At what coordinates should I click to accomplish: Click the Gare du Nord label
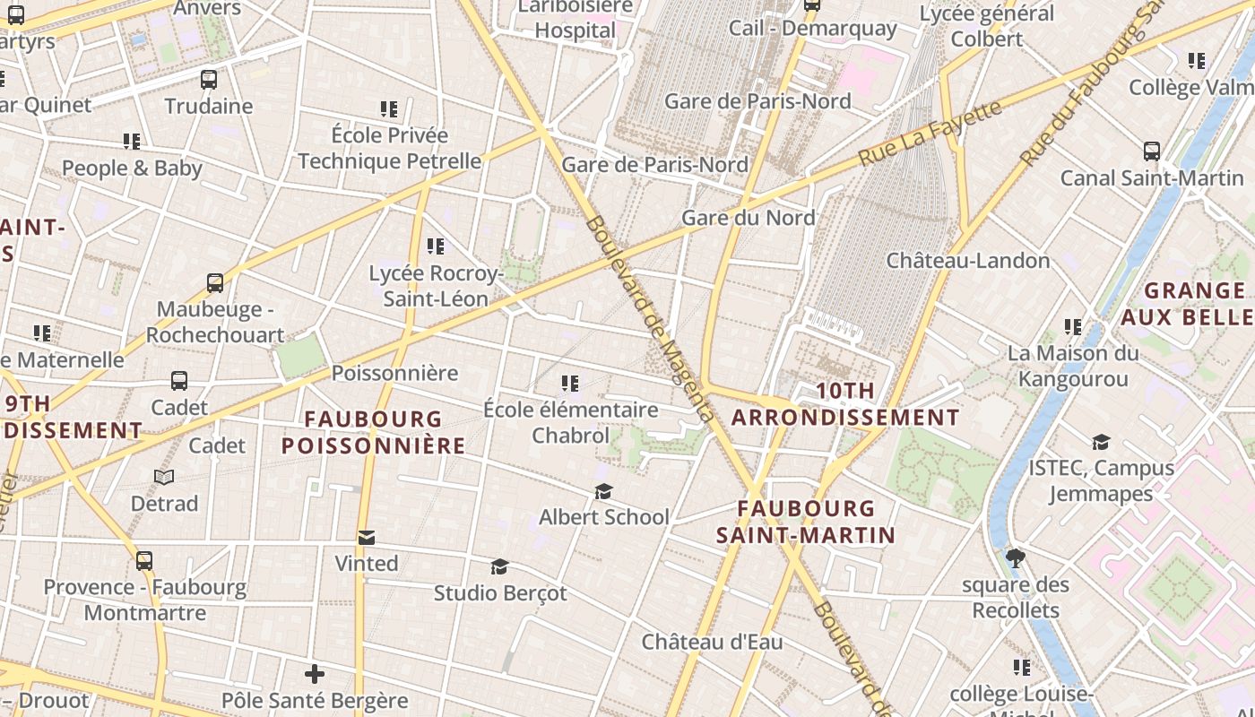coord(749,218)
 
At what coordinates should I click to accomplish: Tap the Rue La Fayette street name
coord(930,133)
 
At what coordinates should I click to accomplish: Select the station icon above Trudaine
coord(209,80)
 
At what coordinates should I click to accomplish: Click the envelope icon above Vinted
coord(366,538)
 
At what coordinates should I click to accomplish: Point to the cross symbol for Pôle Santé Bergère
coord(314,674)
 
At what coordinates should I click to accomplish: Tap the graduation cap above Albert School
coord(603,492)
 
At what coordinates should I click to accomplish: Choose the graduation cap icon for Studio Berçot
coord(499,567)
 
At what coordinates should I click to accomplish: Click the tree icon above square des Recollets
coord(1016,559)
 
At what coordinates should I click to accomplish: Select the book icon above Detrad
coord(164,478)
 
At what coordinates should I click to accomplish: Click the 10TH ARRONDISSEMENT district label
coord(845,404)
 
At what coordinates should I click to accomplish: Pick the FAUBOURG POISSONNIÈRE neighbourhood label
coord(373,432)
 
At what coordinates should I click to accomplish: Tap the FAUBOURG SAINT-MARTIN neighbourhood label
coord(805,522)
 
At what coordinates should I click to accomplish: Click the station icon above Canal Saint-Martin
coord(1152,151)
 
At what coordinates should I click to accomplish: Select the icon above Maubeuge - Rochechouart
coord(215,283)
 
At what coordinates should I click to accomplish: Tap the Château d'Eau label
coord(712,642)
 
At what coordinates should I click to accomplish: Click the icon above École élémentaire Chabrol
coord(569,384)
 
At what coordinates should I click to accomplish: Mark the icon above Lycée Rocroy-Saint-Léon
coord(436,246)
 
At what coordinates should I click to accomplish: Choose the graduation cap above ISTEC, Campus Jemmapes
coord(1100,443)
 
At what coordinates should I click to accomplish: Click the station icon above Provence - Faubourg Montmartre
coord(144,561)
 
